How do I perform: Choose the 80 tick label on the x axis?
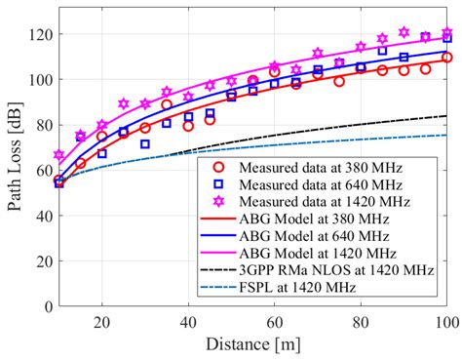[361, 321]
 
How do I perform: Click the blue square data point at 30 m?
[145, 144]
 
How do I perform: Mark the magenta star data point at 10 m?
[58, 155]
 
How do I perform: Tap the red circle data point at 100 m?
[447, 58]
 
